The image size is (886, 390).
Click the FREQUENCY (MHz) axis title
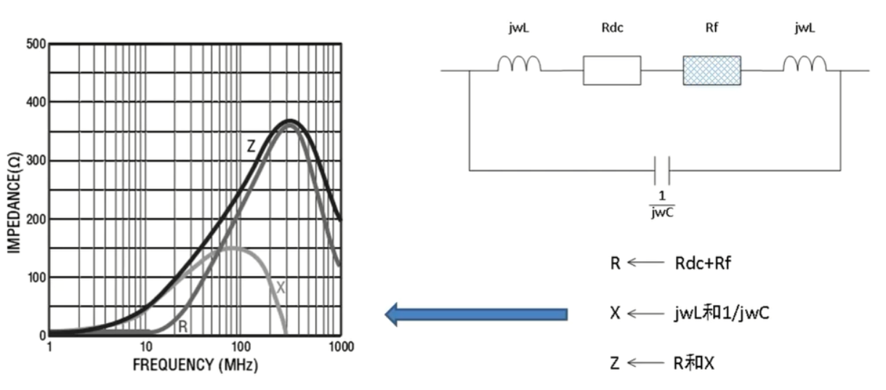click(195, 365)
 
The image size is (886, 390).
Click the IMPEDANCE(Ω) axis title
click(15, 190)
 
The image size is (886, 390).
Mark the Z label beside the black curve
click(251, 146)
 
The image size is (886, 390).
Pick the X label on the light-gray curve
click(281, 288)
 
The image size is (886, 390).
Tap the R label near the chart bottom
click(182, 328)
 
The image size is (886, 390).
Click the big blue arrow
click(475, 314)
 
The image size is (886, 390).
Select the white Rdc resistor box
click(611, 70)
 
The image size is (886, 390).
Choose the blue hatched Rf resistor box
click(712, 70)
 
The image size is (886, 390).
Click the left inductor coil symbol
click(519, 65)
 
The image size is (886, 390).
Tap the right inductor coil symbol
click(805, 65)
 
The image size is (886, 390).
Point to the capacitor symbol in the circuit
click(662, 171)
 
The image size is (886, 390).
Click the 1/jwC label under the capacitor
click(662, 203)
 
